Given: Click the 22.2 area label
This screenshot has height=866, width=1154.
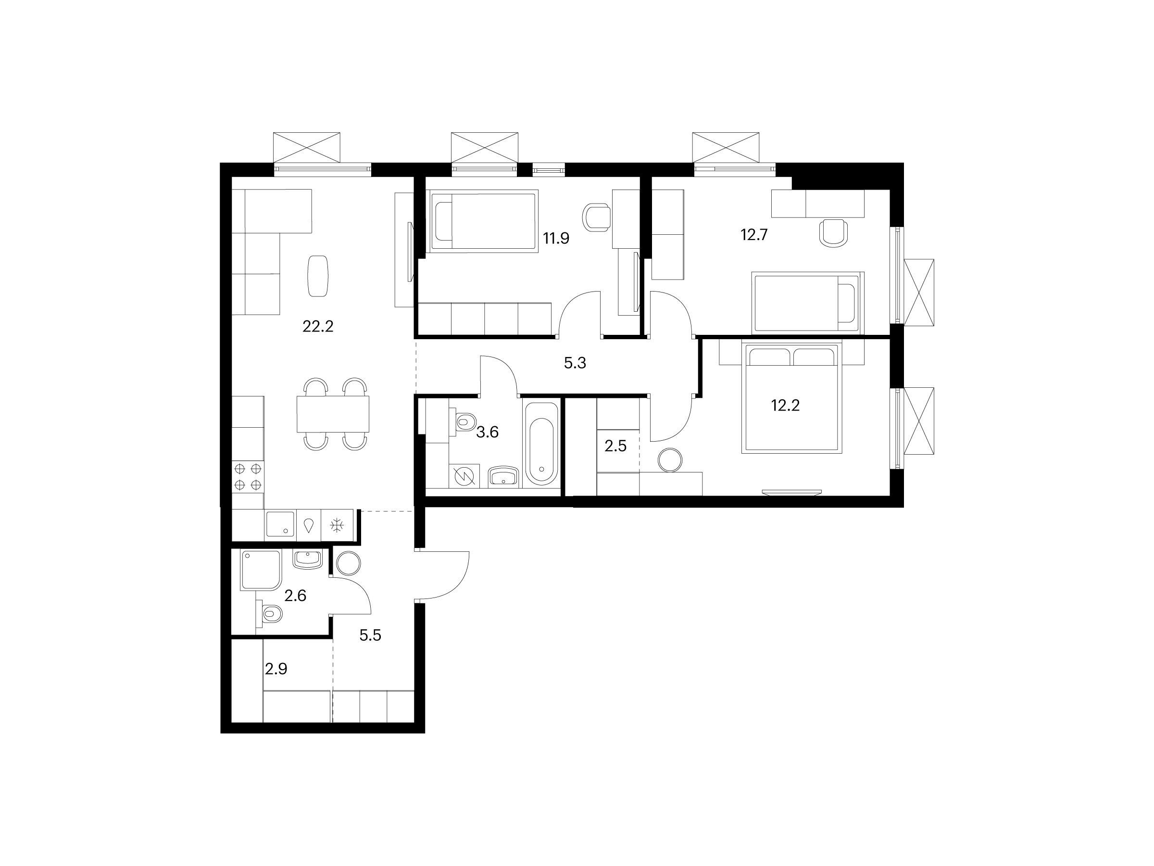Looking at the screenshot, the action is [318, 327].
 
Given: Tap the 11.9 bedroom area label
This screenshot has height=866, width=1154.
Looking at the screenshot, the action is [556, 239].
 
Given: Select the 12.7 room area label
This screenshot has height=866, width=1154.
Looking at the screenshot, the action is [754, 235].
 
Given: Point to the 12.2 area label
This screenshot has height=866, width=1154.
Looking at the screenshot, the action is [785, 405].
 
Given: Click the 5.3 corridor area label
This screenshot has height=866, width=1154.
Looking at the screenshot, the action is [575, 363].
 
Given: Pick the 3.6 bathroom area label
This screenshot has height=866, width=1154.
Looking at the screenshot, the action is [487, 432].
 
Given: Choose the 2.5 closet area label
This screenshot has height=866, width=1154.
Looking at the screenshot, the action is [615, 446].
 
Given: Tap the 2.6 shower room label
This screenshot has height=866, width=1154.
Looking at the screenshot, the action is [295, 596].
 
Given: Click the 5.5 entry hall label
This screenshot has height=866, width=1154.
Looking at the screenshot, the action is [370, 635].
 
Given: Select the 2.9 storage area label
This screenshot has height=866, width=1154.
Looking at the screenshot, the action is [276, 669].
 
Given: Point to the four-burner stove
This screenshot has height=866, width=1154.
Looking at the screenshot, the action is [248, 477].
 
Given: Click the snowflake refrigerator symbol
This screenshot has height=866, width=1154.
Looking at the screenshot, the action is [337, 525].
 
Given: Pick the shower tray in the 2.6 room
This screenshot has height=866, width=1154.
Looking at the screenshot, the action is [261, 570].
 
